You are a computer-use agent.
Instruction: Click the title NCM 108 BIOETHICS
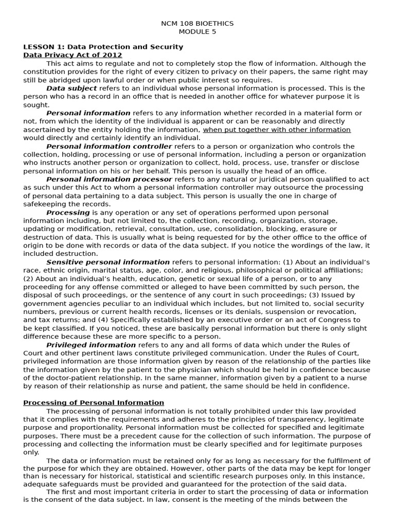(197, 23)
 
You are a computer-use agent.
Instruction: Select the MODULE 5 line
(197, 31)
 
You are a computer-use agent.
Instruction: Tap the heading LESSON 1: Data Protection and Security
(103, 47)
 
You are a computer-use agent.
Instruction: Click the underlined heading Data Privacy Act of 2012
(73, 55)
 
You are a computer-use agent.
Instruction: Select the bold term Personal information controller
(109, 146)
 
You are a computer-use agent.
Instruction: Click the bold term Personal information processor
(109, 179)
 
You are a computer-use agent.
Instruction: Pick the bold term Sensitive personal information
(107, 262)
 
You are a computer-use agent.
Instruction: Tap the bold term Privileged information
(91, 345)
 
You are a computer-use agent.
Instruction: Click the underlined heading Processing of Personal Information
(94, 402)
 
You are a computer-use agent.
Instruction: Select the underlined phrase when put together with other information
(277, 130)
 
